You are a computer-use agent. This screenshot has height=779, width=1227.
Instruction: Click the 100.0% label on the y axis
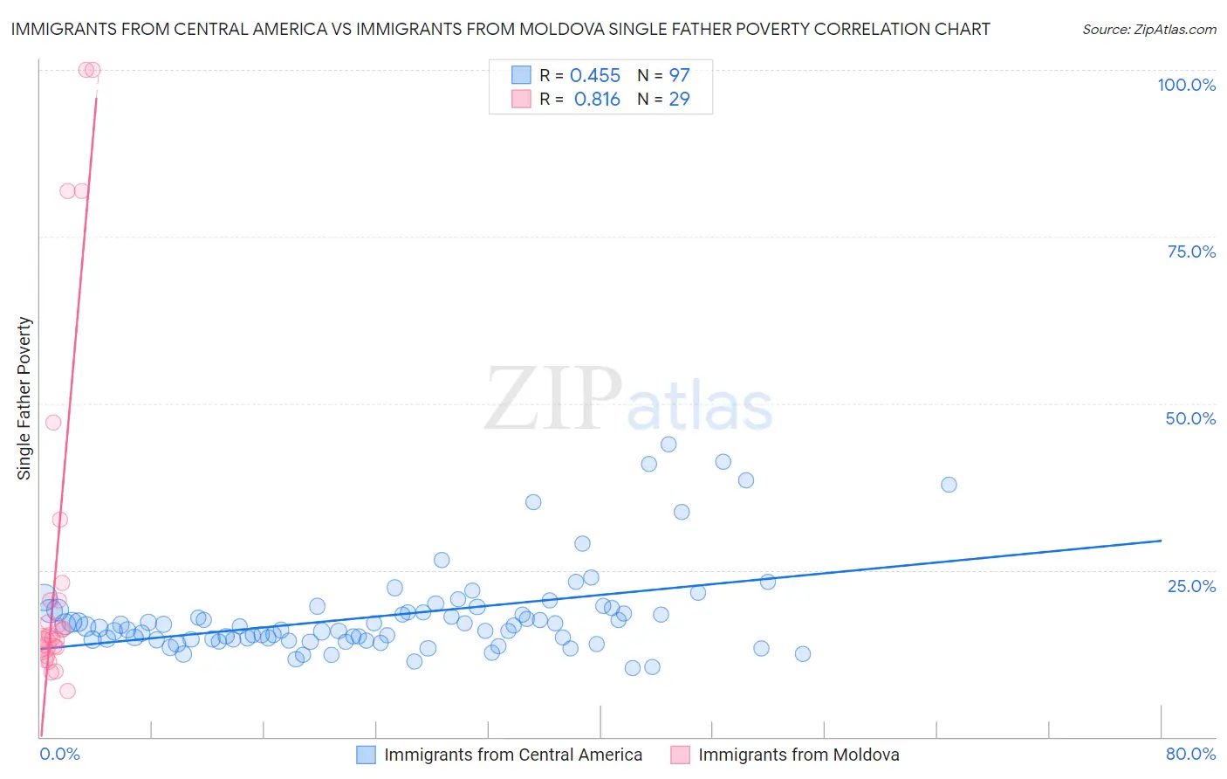click(x=1186, y=85)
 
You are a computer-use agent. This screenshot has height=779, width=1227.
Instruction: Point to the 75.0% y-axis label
click(x=1191, y=252)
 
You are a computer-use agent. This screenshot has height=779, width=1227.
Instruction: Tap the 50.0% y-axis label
click(x=1190, y=418)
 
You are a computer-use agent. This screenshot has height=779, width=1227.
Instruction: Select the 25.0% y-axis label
click(x=1191, y=585)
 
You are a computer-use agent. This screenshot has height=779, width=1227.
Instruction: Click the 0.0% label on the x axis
click(x=60, y=754)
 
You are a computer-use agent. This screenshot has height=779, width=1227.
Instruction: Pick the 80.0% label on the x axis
click(x=1190, y=754)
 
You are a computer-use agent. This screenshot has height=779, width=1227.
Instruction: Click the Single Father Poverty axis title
click(x=24, y=397)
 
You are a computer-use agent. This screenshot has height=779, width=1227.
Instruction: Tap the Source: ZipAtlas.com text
click(x=1148, y=29)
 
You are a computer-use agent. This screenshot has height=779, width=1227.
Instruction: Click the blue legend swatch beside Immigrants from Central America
click(x=366, y=755)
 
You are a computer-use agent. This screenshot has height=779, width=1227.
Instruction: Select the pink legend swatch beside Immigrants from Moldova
click(x=680, y=755)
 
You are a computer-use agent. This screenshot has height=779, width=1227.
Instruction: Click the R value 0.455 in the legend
click(x=595, y=76)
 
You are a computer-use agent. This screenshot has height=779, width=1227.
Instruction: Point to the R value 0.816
click(x=597, y=100)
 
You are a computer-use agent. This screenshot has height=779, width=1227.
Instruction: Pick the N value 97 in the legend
click(x=679, y=76)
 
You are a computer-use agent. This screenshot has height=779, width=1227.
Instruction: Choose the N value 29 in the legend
click(x=679, y=100)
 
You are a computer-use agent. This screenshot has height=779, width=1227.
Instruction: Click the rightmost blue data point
click(x=949, y=485)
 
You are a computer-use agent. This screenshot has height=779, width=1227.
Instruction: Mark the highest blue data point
click(x=668, y=445)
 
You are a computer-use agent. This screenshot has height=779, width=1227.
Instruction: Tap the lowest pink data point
click(x=67, y=691)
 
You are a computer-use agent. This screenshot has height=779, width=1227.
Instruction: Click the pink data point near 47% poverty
click(x=53, y=423)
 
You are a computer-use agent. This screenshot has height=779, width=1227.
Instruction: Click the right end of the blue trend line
click(x=1161, y=541)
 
